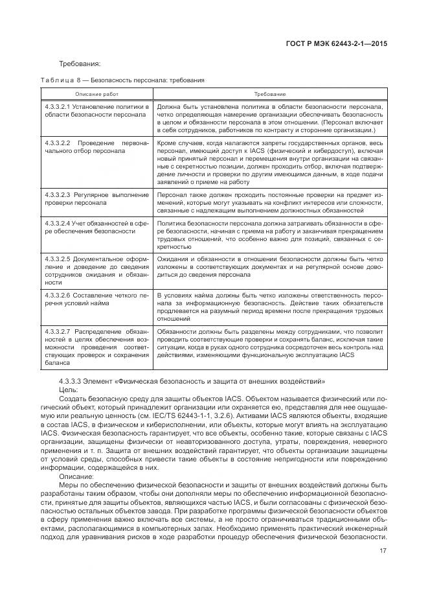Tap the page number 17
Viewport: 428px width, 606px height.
[384, 552]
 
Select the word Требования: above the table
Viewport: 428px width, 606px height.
[80, 64]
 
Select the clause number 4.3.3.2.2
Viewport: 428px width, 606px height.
[58, 141]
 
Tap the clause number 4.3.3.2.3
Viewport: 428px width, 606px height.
[58, 194]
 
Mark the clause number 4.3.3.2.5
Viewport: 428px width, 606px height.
[58, 259]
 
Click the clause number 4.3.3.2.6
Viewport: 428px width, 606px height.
[58, 294]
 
